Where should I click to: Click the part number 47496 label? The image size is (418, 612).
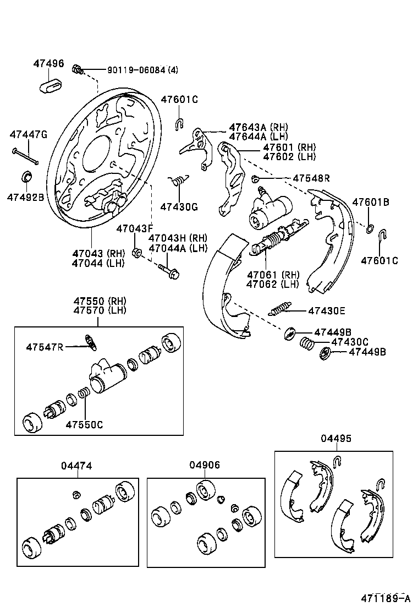[x=48, y=64]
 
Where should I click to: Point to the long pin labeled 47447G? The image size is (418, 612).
[x=25, y=156]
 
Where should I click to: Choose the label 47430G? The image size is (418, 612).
[x=179, y=207]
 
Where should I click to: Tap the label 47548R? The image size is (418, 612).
[x=311, y=178]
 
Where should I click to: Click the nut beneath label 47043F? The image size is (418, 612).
[x=138, y=253]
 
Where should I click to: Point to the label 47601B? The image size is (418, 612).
[x=371, y=203]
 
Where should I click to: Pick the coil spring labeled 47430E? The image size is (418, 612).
[x=282, y=309]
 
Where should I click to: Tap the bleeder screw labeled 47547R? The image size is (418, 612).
[x=91, y=342]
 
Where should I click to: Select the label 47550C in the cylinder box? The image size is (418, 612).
[x=84, y=424]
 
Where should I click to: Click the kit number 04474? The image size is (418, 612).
[x=76, y=466]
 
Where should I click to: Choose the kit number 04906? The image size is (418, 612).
[x=205, y=465]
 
